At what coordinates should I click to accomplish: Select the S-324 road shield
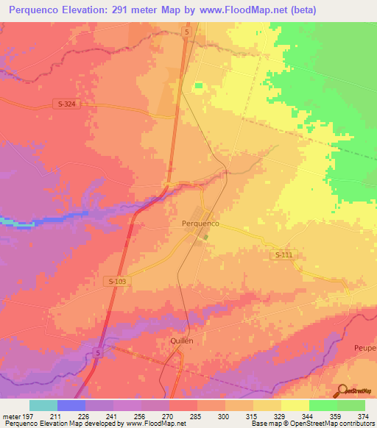(x=66, y=104)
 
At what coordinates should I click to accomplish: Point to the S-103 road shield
(x=116, y=281)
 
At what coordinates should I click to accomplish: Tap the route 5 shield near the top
(x=188, y=32)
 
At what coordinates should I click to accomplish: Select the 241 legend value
(x=113, y=416)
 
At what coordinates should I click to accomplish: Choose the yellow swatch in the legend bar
(x=295, y=405)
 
